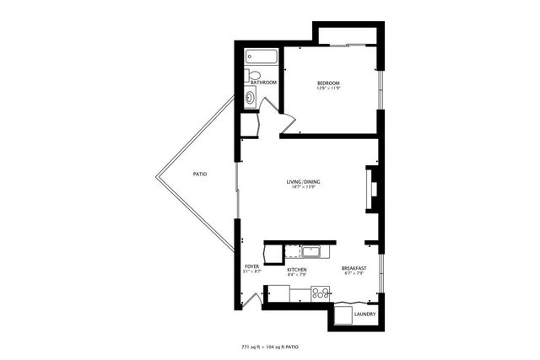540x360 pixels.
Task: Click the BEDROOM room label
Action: [x=327, y=83]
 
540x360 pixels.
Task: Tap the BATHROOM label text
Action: [x=263, y=83]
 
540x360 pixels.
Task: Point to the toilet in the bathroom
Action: [x=251, y=75]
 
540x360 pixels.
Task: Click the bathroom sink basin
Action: [x=250, y=97]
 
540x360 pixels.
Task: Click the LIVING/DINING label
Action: [x=303, y=182]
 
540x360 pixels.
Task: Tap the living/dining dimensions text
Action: [x=303, y=188]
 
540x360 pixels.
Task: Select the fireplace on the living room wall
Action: [x=369, y=191]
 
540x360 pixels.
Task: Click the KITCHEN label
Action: [x=296, y=270]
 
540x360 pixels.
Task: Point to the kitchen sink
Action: [x=311, y=250]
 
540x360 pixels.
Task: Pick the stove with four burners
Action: [x=321, y=293]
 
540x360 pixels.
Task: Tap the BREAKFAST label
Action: [x=353, y=269]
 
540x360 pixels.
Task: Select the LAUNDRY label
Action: [x=365, y=315]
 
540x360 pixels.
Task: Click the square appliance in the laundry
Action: [x=343, y=314]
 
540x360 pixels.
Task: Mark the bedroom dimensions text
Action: [x=327, y=88]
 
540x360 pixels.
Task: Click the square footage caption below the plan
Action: [x=270, y=347]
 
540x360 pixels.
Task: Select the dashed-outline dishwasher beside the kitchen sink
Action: [x=292, y=250]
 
